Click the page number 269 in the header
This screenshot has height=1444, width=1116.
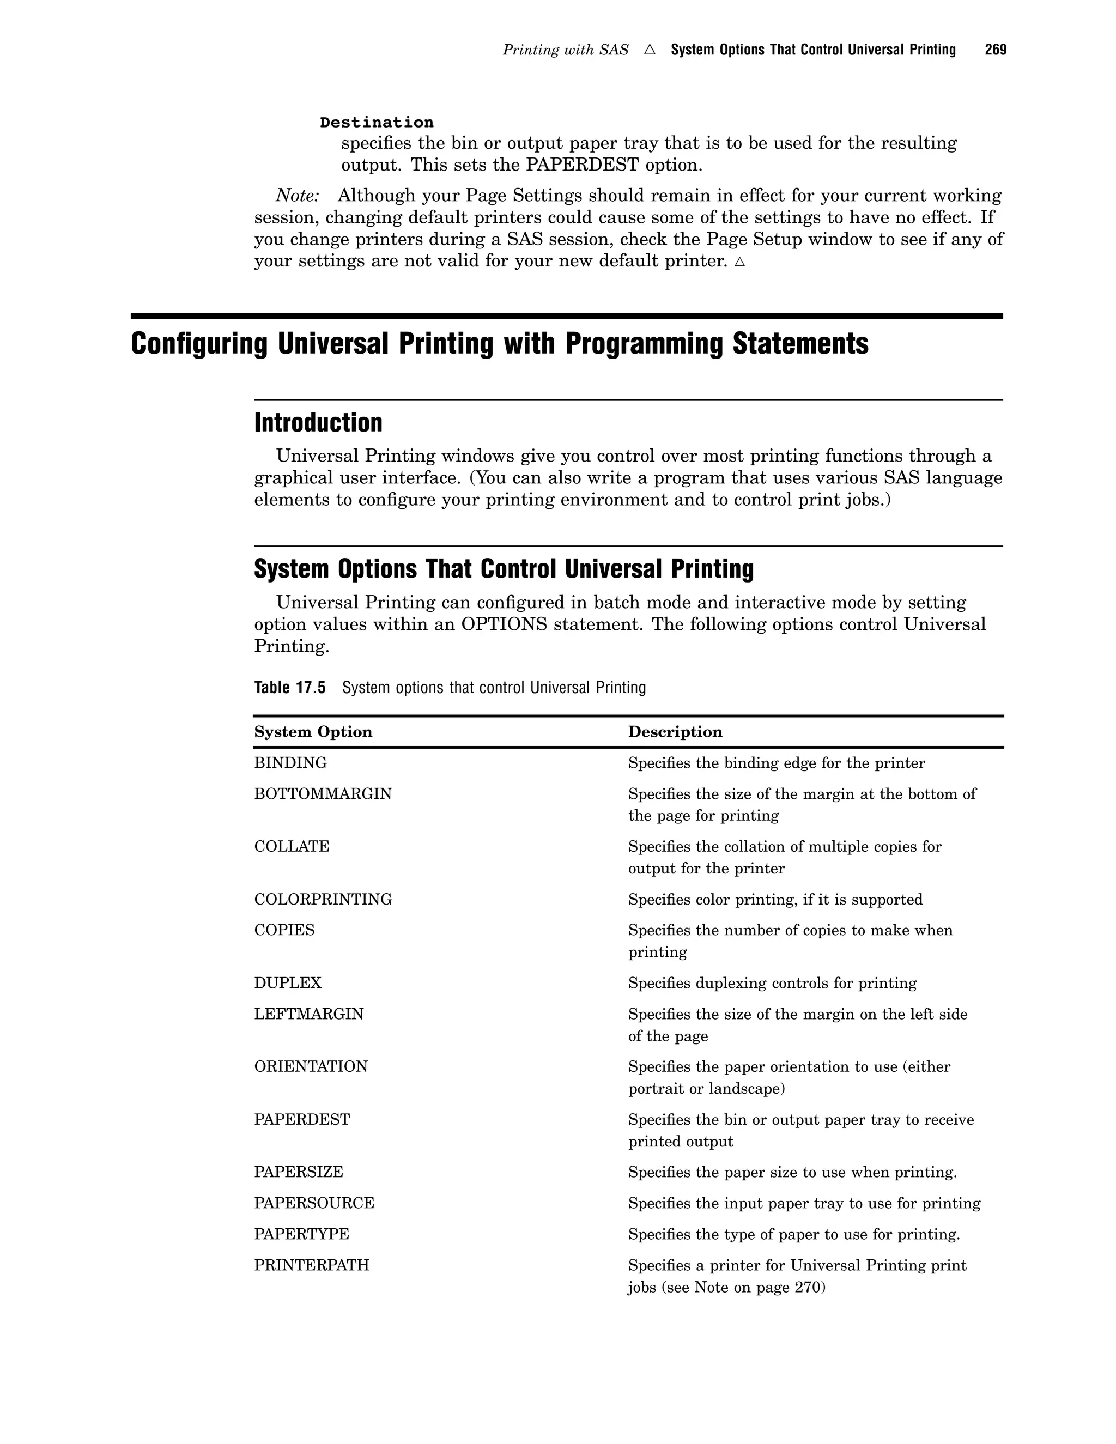point(995,50)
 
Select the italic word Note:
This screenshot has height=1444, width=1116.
point(298,196)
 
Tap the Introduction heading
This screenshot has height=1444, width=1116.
point(318,423)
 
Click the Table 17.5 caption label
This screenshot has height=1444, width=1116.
point(289,688)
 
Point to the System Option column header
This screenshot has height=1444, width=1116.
point(313,732)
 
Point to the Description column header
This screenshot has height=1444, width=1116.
point(675,732)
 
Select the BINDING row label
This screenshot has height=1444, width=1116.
point(290,763)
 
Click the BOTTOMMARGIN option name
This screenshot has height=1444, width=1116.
point(323,794)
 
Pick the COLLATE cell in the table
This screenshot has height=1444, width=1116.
point(292,846)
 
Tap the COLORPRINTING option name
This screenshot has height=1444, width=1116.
point(323,899)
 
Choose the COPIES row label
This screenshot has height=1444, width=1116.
point(284,930)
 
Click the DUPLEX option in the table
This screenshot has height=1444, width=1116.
point(288,983)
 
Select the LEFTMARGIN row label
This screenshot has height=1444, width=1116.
point(309,1014)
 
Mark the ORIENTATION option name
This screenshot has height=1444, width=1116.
point(311,1066)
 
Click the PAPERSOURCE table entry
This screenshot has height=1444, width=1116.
point(314,1203)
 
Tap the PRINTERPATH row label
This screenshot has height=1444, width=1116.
point(311,1265)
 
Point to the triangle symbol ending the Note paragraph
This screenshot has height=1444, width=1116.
point(740,262)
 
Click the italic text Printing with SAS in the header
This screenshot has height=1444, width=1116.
point(565,50)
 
